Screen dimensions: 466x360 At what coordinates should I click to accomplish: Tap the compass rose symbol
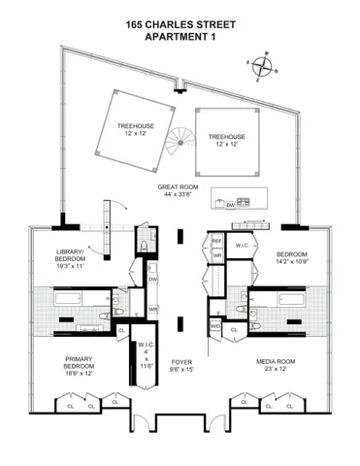262,65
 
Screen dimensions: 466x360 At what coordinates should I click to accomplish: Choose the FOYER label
181,361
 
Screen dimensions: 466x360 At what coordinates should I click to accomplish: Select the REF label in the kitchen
217,240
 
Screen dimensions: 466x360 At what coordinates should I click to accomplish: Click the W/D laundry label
215,326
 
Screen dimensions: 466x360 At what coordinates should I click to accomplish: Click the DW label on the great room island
229,205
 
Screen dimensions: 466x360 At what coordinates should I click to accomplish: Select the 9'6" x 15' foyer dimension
181,369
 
